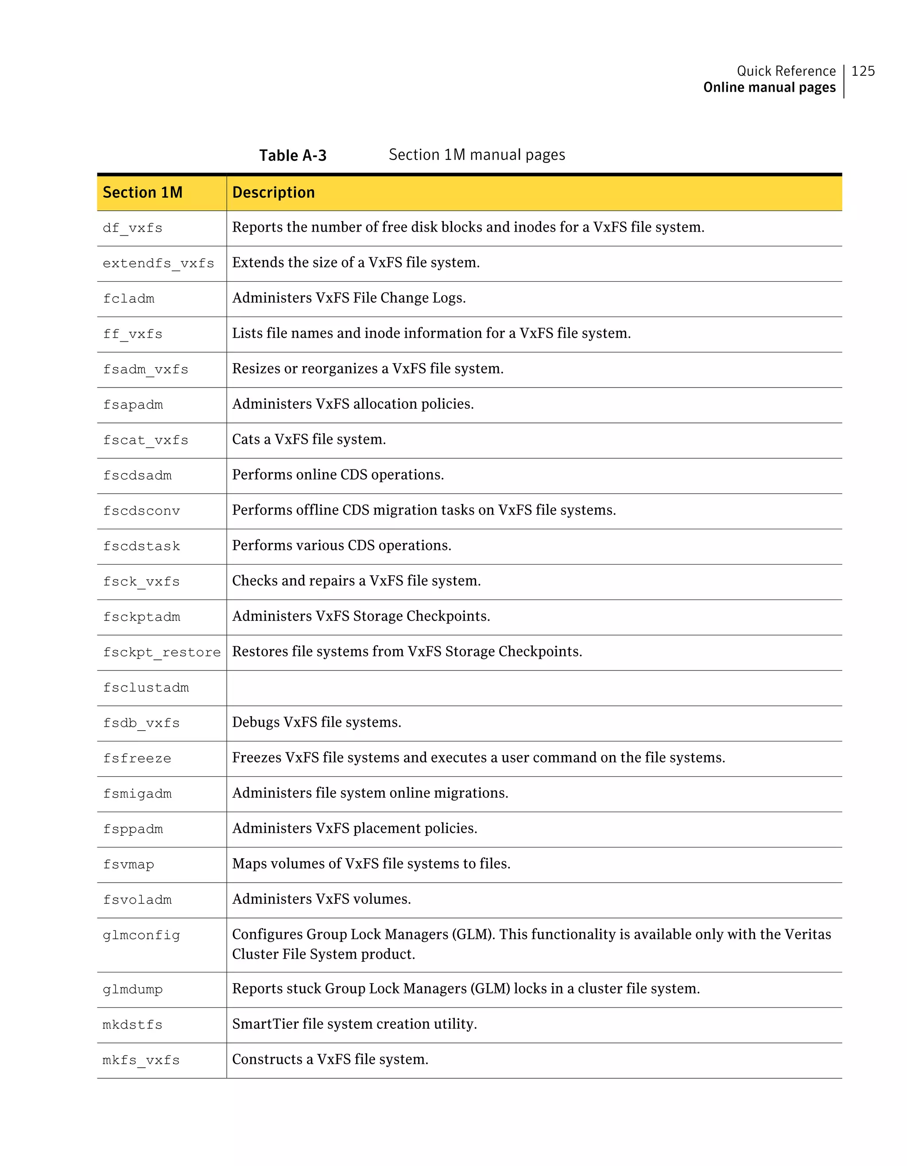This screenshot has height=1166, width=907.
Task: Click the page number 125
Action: [x=863, y=71]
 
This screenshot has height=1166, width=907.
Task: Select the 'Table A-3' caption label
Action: [x=293, y=155]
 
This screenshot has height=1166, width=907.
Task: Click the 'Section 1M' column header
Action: [x=143, y=192]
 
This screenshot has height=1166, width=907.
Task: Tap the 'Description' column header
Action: [x=273, y=192]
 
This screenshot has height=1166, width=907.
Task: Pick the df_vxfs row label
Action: [x=132, y=228]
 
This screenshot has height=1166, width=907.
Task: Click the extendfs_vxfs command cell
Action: [x=158, y=263]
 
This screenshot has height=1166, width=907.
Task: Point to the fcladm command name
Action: [x=129, y=298]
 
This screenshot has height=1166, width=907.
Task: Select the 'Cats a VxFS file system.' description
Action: [x=309, y=439]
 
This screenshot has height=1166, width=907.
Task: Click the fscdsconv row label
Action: [x=141, y=511]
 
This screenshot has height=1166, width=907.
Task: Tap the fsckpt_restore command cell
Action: [x=162, y=652]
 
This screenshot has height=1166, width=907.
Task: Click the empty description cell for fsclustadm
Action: [x=534, y=688]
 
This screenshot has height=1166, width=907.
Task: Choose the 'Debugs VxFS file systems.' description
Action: [x=317, y=722]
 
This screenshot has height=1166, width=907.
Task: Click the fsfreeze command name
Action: [x=137, y=758]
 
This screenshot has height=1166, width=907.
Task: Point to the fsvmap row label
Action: [x=129, y=864]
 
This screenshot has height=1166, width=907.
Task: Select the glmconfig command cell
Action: [x=141, y=935]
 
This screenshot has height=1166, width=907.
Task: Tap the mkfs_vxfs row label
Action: [x=141, y=1060]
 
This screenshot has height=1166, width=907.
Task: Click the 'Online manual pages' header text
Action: [x=769, y=88]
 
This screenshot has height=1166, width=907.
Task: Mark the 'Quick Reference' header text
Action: [x=786, y=71]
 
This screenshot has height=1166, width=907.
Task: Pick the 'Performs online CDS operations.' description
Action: [x=338, y=475]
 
